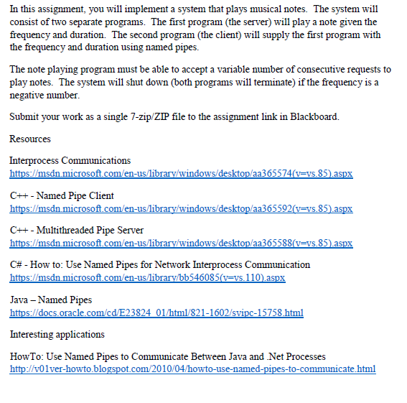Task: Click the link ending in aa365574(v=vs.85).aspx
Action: [181, 174]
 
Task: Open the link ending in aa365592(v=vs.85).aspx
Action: [181, 208]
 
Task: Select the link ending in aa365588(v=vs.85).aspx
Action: [181, 244]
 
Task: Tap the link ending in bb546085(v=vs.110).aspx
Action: [147, 278]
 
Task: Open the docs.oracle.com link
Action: [156, 312]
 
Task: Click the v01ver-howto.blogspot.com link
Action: [192, 369]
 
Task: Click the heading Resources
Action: [30, 139]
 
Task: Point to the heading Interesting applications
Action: [57, 334]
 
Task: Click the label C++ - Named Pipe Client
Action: [62, 195]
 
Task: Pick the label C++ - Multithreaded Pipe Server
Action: [77, 230]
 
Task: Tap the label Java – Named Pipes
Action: [51, 300]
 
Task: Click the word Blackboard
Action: [314, 116]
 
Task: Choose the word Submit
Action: [24, 116]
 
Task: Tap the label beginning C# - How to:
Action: [159, 264]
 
